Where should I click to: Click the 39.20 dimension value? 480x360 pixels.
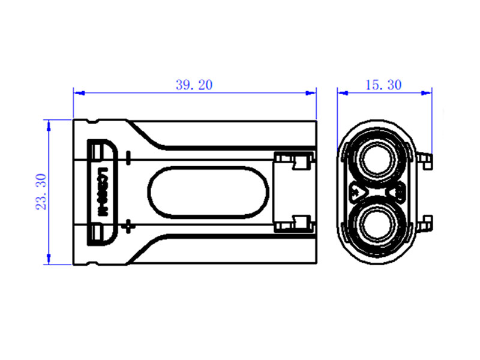[x=194, y=85]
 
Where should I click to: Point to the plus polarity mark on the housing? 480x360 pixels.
[x=127, y=226]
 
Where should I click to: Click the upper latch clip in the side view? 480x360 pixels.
[x=294, y=161]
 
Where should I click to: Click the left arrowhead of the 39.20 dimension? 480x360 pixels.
[x=77, y=93]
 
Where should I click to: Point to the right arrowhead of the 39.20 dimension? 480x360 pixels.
[x=312, y=93]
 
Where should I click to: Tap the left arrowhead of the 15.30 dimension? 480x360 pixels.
[x=341, y=93]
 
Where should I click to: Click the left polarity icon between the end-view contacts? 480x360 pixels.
[x=357, y=193]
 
